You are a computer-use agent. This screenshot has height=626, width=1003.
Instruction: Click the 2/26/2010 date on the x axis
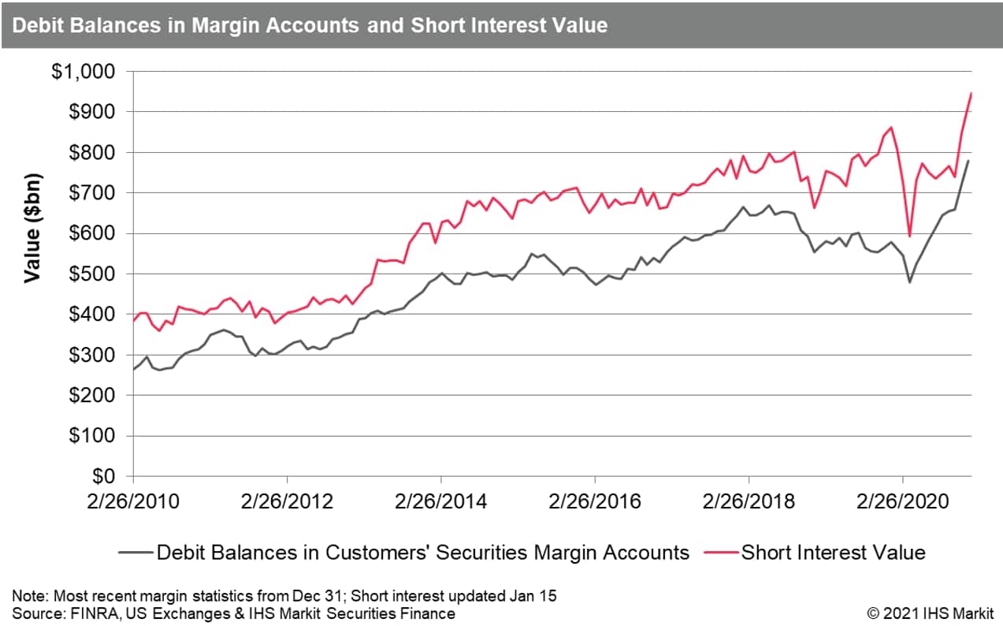click(x=134, y=502)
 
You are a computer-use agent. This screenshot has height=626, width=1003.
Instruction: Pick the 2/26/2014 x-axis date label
click(x=442, y=502)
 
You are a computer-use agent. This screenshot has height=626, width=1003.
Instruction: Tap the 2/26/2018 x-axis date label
click(x=749, y=502)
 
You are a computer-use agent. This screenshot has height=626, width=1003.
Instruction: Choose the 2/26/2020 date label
click(x=903, y=502)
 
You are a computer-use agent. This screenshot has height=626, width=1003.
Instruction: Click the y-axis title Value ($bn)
click(x=32, y=229)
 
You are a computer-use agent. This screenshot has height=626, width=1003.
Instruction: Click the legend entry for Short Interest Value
click(x=833, y=553)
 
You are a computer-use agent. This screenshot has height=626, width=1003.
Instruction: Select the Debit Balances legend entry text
click(x=423, y=553)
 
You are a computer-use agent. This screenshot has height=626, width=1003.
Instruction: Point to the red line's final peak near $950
click(x=971, y=93)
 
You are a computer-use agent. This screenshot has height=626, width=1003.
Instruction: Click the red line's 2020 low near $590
click(x=909, y=236)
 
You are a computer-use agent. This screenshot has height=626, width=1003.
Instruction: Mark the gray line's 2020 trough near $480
click(x=909, y=281)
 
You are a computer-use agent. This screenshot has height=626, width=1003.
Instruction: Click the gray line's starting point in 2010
click(x=134, y=369)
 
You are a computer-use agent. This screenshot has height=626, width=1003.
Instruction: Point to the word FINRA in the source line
click(x=72, y=613)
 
